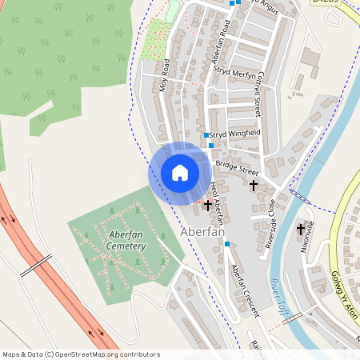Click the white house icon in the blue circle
click(180, 173)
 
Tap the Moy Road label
click(166, 76)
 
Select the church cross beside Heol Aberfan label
click(208, 206)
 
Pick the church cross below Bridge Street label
click(254, 186)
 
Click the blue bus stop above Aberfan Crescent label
click(226, 243)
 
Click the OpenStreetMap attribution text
click(81, 354)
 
